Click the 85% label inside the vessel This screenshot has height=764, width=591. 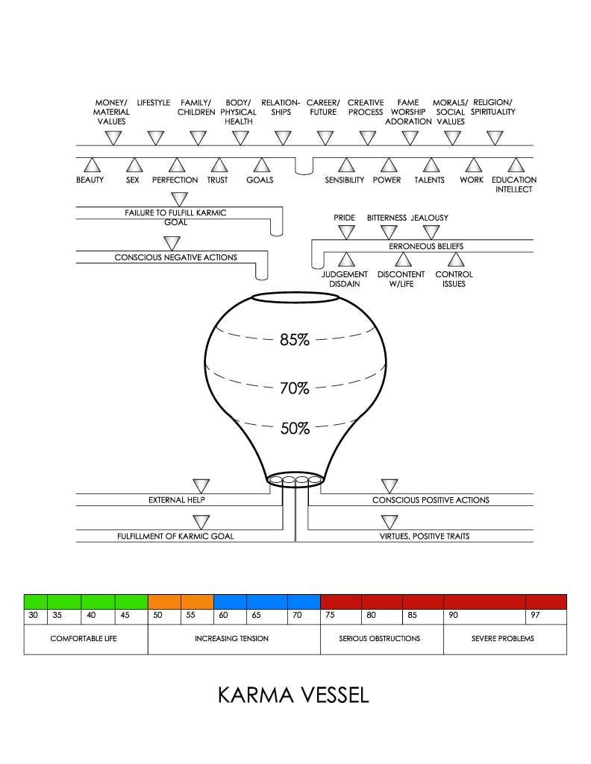pos(294,340)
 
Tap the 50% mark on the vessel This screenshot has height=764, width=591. pos(294,429)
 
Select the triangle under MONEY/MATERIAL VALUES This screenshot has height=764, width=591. pos(113,138)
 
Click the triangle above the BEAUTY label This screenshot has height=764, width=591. pos(92,165)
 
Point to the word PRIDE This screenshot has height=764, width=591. pos(345,218)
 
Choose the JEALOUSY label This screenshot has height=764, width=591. pos(430,218)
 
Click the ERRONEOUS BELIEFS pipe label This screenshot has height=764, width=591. pos(422,245)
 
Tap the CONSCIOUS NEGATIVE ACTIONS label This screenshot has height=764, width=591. pos(175,258)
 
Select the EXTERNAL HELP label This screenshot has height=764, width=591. pos(176,500)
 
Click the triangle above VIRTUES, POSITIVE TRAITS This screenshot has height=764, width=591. pos(390,522)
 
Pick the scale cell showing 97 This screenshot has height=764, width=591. pos(546,616)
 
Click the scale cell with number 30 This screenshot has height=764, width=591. pos(35,616)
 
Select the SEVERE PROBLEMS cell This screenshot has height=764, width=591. pos(504,639)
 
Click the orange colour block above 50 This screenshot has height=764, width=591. pos(164,601)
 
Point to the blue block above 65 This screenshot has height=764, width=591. pos(266,601)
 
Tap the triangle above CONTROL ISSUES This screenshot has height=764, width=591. pos(454,260)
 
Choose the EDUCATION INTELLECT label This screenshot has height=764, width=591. pos(513,185)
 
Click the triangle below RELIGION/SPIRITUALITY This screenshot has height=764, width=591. pos(495,138)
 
